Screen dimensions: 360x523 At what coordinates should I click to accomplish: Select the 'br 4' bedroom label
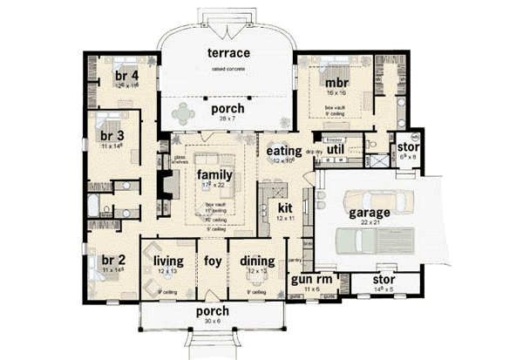coord(126,76)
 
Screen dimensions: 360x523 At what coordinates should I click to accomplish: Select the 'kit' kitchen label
coord(285,209)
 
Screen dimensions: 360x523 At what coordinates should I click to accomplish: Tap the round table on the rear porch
coord(187,111)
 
